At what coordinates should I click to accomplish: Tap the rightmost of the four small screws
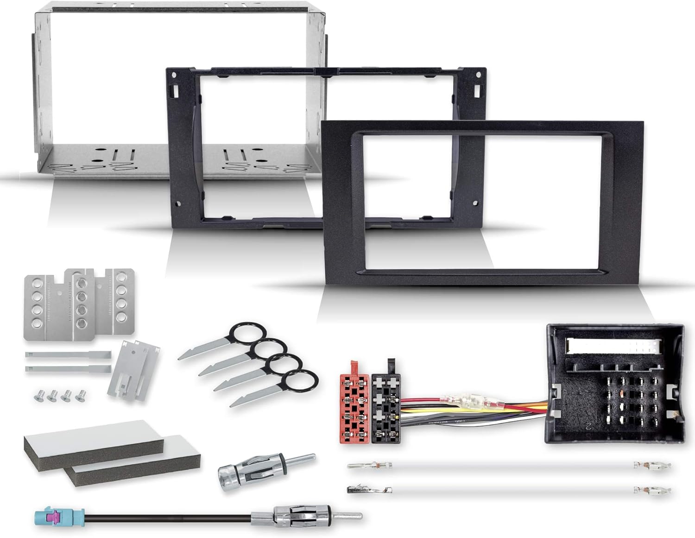82,394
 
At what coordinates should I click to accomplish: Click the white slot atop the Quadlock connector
612,345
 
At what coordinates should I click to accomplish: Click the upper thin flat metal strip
67,355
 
